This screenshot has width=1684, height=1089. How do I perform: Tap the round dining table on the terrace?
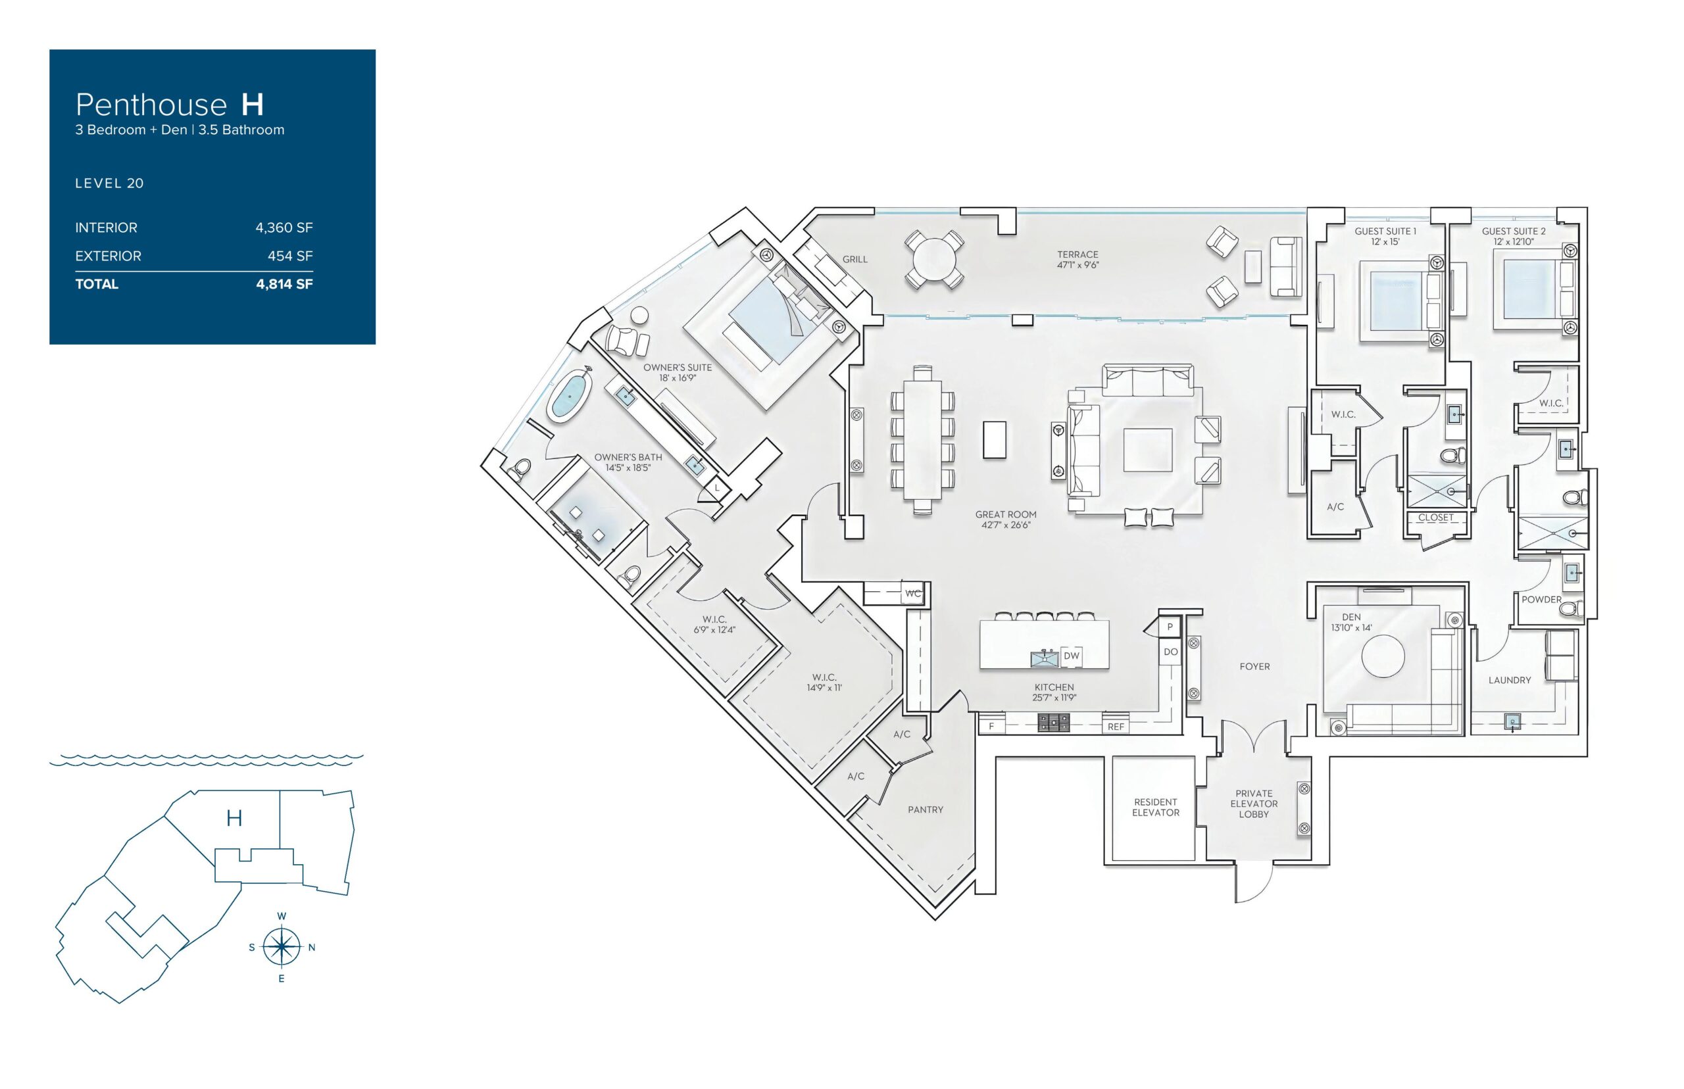934,260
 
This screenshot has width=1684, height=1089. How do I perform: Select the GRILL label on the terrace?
854,260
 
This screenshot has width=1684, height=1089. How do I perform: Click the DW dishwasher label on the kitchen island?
1072,656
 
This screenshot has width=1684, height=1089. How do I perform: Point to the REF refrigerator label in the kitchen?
1116,726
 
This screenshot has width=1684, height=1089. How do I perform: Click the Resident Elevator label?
1156,807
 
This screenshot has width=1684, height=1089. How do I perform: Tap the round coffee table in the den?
1383,656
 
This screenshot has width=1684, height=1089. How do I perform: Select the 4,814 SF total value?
284,284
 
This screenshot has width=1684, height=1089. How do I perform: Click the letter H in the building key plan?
234,818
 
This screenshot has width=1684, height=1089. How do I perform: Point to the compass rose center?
282,947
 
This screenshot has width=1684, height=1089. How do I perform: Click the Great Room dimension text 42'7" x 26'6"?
1006,525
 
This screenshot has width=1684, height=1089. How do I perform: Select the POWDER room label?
1541,600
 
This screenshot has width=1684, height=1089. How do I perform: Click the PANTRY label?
925,810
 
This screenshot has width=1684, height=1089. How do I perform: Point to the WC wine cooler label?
913,593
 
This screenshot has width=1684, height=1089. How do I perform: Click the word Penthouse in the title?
151,105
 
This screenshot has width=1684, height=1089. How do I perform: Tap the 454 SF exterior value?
290,256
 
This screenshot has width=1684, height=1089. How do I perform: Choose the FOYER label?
1254,666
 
